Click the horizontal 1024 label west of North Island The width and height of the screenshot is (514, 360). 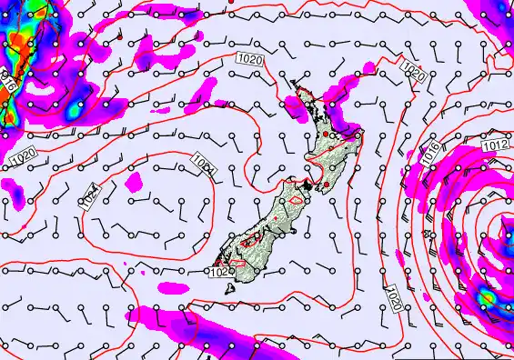[x=205, y=164]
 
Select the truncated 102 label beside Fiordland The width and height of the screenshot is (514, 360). [x=218, y=271]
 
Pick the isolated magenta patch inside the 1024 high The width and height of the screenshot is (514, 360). [x=135, y=183]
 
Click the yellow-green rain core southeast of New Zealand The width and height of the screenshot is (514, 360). [x=488, y=297]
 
